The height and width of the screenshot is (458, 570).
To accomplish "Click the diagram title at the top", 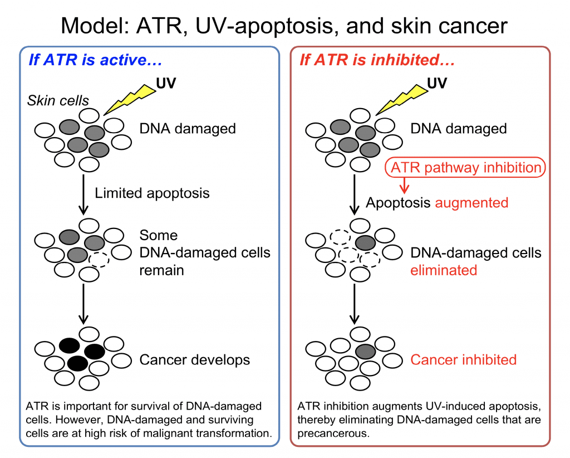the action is pyautogui.click(x=284, y=26).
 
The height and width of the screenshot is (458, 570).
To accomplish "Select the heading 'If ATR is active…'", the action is pyautogui.click(x=95, y=60).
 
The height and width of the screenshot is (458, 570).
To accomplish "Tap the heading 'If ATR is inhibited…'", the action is pyautogui.click(x=377, y=60).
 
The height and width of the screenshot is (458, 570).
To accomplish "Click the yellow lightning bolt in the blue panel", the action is pyautogui.click(x=130, y=99).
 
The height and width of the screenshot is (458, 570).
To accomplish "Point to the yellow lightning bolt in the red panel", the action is pyautogui.click(x=401, y=99).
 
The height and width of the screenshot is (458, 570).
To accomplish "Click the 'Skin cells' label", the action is pyautogui.click(x=58, y=100).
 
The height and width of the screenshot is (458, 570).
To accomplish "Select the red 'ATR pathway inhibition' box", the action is pyautogui.click(x=465, y=167).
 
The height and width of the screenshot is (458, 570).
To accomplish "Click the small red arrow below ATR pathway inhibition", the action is pyautogui.click(x=404, y=185).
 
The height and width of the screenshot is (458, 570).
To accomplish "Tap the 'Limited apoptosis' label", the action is pyautogui.click(x=152, y=193).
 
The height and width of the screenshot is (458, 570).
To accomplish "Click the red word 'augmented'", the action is pyautogui.click(x=471, y=203).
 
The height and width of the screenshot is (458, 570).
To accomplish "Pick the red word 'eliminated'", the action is pyautogui.click(x=444, y=270).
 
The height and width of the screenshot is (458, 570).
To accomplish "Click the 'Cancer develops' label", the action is pyautogui.click(x=194, y=360).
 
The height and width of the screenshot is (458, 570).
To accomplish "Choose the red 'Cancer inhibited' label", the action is pyautogui.click(x=464, y=360).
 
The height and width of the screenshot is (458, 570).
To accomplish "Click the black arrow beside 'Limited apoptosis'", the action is pyautogui.click(x=83, y=194).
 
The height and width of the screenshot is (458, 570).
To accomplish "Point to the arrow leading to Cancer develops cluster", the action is pyautogui.click(x=83, y=304).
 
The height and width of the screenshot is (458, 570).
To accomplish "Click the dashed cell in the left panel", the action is pyautogui.click(x=99, y=260).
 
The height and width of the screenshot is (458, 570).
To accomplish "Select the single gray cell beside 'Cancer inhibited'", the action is pyautogui.click(x=365, y=352).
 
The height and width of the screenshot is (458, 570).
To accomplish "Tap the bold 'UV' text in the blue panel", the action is pyautogui.click(x=166, y=84).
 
